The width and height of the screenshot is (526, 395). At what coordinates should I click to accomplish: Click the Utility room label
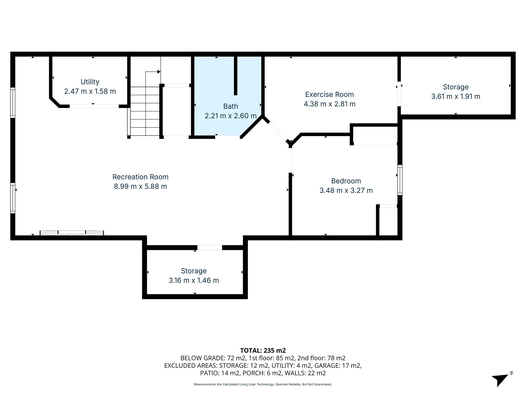[90, 82]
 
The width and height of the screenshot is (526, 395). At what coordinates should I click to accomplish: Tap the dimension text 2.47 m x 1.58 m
[90, 91]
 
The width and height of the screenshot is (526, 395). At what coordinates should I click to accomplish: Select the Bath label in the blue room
[230, 106]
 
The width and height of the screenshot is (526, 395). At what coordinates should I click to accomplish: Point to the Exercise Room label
[329, 94]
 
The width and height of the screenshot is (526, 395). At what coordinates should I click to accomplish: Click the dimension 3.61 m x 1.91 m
[455, 96]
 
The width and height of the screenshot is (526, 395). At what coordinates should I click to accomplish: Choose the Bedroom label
[346, 181]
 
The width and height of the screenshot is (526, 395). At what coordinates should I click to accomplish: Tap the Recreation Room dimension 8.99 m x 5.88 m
[140, 186]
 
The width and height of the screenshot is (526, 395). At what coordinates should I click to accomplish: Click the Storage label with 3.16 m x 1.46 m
[194, 271]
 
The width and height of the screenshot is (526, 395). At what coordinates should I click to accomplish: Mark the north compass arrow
[500, 379]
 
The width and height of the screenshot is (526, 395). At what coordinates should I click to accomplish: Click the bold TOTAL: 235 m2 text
[263, 350]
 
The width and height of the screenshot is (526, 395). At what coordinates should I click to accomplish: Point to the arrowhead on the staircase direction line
[159, 72]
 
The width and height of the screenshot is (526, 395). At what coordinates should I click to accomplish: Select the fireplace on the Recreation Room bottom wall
[72, 233]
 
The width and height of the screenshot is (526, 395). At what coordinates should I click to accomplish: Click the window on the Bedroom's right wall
[400, 180]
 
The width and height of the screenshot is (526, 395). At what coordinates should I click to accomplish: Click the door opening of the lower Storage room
[210, 247]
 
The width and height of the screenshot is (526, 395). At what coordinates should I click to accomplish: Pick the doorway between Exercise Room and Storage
[399, 94]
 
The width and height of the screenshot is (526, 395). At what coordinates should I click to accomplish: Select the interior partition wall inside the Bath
[235, 76]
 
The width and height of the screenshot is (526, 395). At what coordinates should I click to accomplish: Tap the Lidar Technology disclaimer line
[263, 384]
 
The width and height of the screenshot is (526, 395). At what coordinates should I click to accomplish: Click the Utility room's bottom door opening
[94, 106]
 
